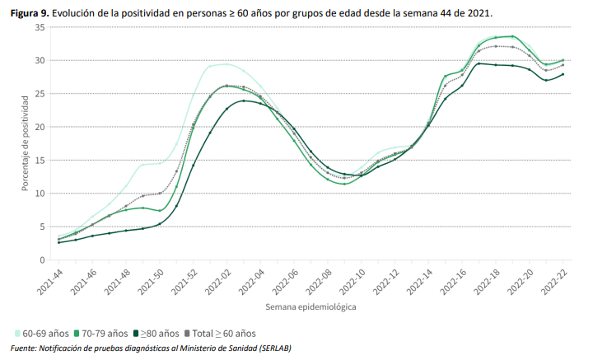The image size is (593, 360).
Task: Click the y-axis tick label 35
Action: [x=40, y=27]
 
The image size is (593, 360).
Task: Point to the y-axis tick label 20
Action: [x=40, y=127]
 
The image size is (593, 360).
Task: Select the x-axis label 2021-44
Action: [x=51, y=281]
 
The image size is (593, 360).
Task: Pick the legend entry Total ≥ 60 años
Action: [x=219, y=334]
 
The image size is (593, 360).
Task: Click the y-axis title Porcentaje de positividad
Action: [x=26, y=144]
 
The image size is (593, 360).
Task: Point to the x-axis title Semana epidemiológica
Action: [x=311, y=306]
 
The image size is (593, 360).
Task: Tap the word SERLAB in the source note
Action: [x=270, y=348]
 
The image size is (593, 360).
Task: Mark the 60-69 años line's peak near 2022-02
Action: [x=226, y=64]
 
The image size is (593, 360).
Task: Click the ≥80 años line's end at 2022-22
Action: [x=563, y=74]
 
